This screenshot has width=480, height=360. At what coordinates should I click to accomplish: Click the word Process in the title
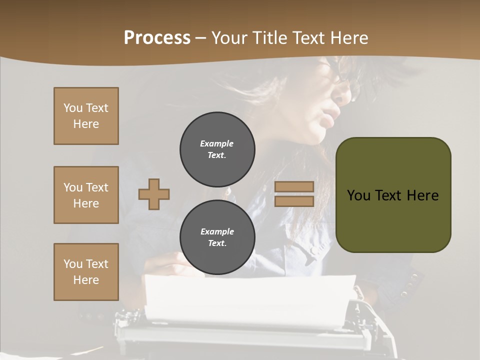click(x=157, y=38)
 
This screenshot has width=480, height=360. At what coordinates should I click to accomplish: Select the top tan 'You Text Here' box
click(x=86, y=116)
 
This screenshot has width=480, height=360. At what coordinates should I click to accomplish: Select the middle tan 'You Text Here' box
click(x=86, y=195)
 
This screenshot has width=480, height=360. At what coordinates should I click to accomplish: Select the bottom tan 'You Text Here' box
click(x=86, y=272)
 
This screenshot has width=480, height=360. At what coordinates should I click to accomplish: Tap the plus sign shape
click(x=154, y=194)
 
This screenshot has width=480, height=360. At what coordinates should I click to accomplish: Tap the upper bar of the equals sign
click(x=294, y=187)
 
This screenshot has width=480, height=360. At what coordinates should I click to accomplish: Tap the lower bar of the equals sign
click(x=294, y=201)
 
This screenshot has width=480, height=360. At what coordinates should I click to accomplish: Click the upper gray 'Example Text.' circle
click(x=217, y=149)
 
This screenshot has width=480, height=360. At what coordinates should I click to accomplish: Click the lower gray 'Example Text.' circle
click(x=217, y=237)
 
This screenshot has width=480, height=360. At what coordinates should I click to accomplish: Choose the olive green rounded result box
click(x=393, y=195)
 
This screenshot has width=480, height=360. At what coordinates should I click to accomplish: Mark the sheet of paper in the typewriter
click(x=250, y=300)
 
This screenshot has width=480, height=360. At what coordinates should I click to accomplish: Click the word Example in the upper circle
click(x=217, y=143)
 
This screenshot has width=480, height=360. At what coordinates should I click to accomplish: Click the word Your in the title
click(x=229, y=38)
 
